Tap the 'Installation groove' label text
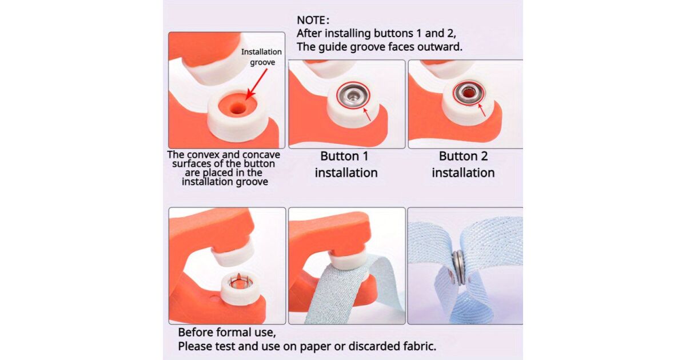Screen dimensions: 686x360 pos(261,57)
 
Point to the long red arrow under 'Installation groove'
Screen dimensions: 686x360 pos(257,84)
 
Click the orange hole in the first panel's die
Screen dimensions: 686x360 pos(237,108)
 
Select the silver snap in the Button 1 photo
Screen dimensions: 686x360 pos(353,95)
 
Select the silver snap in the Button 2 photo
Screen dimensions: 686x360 pos(469,92)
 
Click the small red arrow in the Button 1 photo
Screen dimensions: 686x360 pos(367,114)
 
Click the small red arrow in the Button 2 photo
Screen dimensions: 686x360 pos(482,110)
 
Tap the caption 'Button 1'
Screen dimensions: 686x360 pos(344,156)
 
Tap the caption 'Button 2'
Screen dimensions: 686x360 pos(463,156)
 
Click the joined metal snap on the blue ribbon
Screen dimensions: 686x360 pos(458,267)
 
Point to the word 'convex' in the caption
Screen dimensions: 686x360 pos(203,155)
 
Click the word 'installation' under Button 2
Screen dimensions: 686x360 pos(463,173)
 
